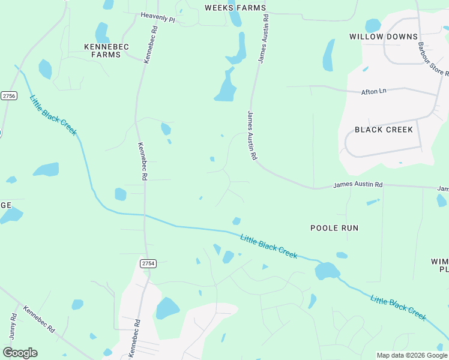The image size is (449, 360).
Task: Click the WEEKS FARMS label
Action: coord(235,8)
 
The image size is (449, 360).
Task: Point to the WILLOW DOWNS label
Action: coord(384,37)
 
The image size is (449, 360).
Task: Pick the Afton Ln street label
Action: coord(374,91)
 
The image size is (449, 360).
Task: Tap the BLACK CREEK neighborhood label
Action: coord(384,130)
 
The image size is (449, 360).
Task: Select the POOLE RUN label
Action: coord(334,228)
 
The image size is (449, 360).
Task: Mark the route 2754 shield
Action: coord(148,263)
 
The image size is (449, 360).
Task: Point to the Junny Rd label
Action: coord(13,325)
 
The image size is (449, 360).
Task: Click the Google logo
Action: coord(20,352)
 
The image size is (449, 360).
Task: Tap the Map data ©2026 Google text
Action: coord(411,355)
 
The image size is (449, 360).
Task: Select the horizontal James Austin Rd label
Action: coord(358,185)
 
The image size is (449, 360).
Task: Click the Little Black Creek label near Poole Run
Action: coord(269,246)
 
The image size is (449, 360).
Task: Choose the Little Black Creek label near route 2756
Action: coord(53,115)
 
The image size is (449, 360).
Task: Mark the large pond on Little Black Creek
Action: coord(327,271)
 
